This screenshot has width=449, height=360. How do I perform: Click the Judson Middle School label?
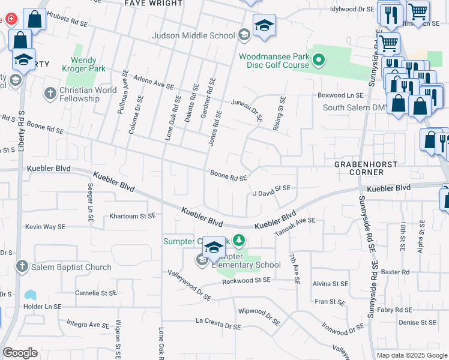(193, 35)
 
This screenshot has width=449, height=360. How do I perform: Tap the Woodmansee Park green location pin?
(319, 60)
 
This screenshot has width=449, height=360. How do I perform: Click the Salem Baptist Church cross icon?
(22, 266)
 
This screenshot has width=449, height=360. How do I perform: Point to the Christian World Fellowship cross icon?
(50, 94)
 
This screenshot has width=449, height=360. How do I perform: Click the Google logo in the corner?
(20, 353)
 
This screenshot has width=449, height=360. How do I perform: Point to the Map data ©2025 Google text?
(411, 355)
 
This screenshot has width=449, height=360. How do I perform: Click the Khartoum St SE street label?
(132, 215)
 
